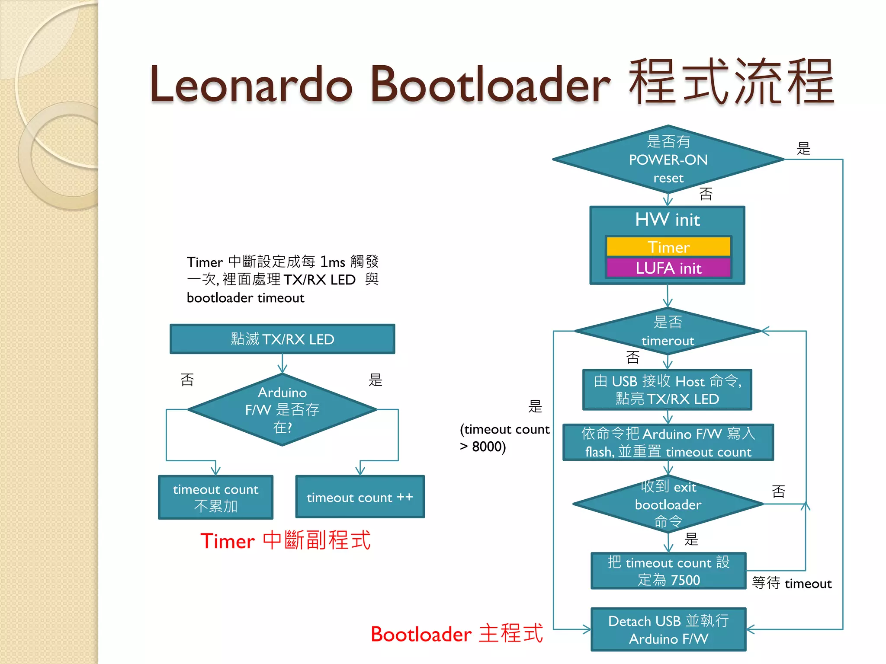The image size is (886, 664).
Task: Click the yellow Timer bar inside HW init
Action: pyautogui.click(x=668, y=247)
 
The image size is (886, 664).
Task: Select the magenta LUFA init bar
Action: pyautogui.click(x=668, y=268)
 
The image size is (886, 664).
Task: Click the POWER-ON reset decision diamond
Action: pyautogui.click(x=668, y=160)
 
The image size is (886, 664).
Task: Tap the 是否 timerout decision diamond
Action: pyautogui.click(x=668, y=331)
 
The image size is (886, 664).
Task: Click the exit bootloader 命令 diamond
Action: pyautogui.click(x=668, y=504)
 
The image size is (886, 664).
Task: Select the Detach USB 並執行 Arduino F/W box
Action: pyautogui.click(x=668, y=629)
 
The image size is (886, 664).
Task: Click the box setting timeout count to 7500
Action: pyautogui.click(x=668, y=571)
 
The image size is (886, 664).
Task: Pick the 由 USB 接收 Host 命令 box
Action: pyautogui.click(x=667, y=390)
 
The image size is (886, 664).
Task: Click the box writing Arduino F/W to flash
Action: pyautogui.click(x=668, y=442)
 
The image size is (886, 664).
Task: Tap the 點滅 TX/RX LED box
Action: pyautogui.click(x=282, y=339)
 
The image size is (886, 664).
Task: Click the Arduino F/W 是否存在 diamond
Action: pyautogui.click(x=282, y=409)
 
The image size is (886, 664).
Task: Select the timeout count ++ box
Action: pyautogui.click(x=360, y=497)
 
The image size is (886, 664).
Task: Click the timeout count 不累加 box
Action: pyautogui.click(x=215, y=497)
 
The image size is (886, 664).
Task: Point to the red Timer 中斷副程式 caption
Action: pyautogui.click(x=286, y=540)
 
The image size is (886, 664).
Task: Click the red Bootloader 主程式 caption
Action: pyautogui.click(x=456, y=634)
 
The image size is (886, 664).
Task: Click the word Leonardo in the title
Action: pyautogui.click(x=251, y=84)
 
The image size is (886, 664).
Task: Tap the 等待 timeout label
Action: pyautogui.click(x=791, y=583)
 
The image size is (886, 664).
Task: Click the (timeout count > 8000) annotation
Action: pyautogui.click(x=504, y=437)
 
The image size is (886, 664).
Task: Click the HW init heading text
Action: pyautogui.click(x=668, y=220)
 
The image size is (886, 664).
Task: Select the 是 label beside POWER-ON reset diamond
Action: pyautogui.click(x=803, y=149)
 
